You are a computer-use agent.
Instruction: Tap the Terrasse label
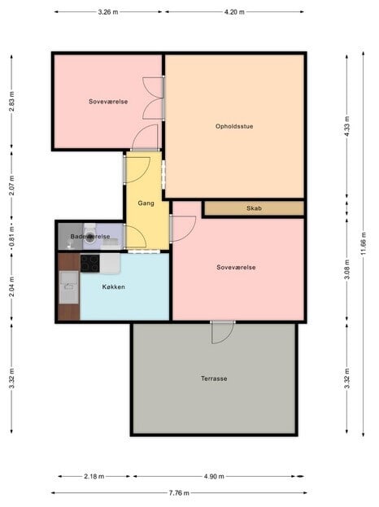point(214,378)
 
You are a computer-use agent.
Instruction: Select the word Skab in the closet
point(254,209)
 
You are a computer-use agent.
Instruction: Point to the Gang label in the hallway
point(146,203)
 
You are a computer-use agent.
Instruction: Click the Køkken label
point(113,287)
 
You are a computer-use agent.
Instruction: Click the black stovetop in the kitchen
point(89,263)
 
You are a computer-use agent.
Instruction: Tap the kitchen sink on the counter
point(68,282)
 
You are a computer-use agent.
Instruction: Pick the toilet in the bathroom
point(89,233)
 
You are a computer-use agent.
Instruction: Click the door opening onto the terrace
point(222,331)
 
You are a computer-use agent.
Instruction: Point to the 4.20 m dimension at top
point(234,12)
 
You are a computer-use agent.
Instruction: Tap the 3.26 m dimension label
point(107,12)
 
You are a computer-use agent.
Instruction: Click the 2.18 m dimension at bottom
point(94,477)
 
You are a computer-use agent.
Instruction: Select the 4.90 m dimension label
point(215,477)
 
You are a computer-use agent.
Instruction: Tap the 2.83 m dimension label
point(11,101)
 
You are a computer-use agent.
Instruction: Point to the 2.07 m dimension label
point(11,184)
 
